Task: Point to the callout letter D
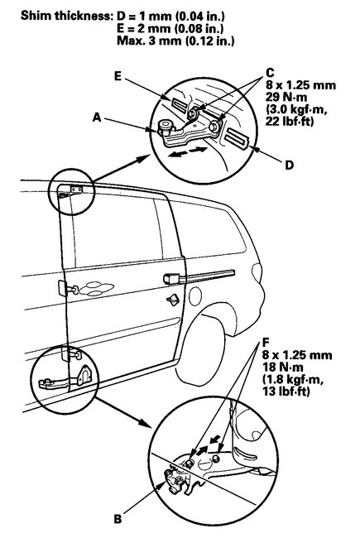click(290, 165)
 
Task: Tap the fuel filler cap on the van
click(173, 299)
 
